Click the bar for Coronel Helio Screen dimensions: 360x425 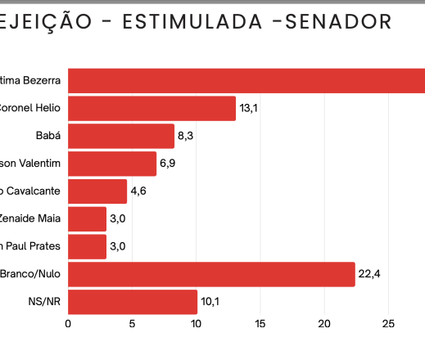(151, 108)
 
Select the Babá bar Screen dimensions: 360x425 (121, 136)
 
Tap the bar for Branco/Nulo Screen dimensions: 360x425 (211, 274)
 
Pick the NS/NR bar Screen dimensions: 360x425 (133, 302)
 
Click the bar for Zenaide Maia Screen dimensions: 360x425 (87, 218)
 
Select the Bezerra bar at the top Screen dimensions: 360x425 (246, 80)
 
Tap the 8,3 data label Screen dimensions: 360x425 (185, 136)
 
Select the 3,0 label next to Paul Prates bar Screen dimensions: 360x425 (117, 246)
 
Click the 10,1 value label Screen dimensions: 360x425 (210, 302)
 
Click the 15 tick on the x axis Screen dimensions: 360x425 (260, 323)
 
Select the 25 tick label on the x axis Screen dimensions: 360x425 (389, 323)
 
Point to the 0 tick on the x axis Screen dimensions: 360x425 (68, 323)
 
